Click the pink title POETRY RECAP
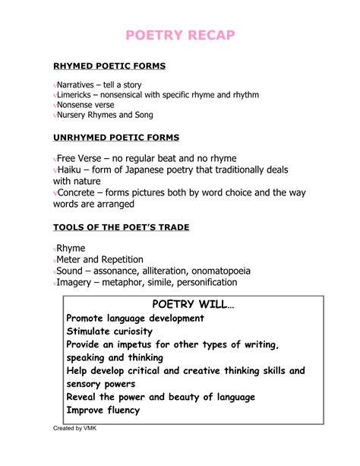coord(180,36)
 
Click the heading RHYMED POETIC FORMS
coord(109,66)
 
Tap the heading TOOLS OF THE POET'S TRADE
coord(121,227)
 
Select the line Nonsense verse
coord(89,105)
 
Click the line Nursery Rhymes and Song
coord(105,116)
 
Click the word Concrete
coord(81,192)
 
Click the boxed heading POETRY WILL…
coord(190,304)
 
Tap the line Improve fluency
coord(103,410)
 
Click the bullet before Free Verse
coord(55,159)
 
